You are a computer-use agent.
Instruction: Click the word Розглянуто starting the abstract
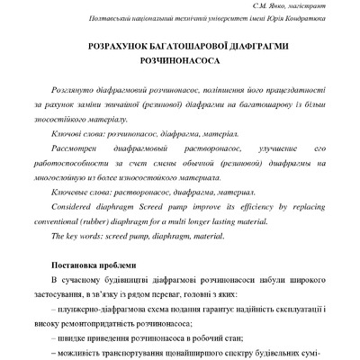(78, 93)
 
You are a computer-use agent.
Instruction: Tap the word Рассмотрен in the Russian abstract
(80, 146)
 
